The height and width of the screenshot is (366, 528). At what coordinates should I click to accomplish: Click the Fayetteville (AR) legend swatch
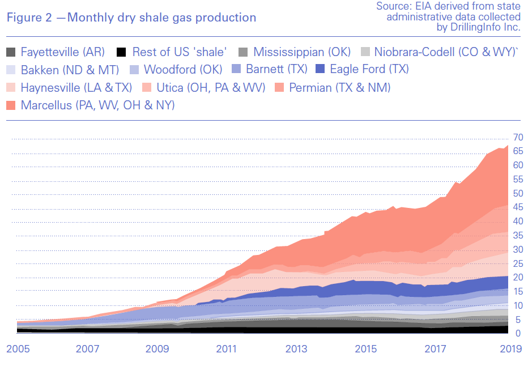[x=11, y=53]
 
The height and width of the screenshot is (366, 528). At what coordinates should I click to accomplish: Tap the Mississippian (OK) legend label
[x=303, y=52]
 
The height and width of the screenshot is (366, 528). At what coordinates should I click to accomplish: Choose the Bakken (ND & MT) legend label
[x=70, y=70]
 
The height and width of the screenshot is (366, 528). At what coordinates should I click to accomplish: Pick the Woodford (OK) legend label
[x=182, y=70]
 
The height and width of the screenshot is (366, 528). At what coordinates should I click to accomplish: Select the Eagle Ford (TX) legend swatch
[x=320, y=70]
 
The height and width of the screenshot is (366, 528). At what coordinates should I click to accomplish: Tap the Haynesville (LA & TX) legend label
[x=76, y=88]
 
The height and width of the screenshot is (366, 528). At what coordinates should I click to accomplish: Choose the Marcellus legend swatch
[x=11, y=105]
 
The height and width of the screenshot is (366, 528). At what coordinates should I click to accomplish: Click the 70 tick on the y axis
[x=517, y=138]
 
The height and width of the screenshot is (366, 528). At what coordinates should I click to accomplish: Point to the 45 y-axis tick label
[x=517, y=207]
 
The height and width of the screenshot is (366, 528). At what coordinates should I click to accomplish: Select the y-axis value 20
[x=517, y=278]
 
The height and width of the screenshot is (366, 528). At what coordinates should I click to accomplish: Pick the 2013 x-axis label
[x=296, y=349]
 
